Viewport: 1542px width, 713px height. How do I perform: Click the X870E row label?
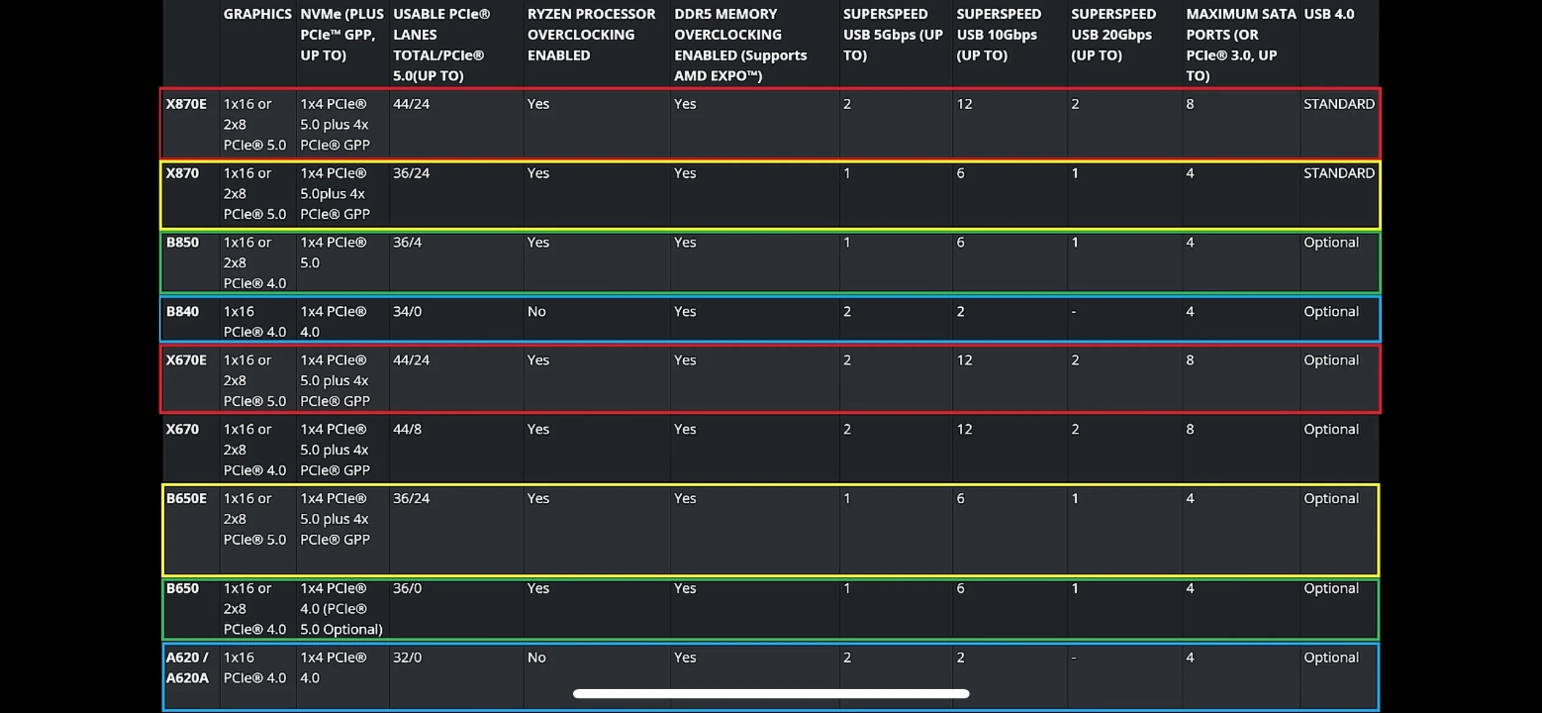[186, 104]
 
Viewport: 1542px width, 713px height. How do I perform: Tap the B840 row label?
[183, 311]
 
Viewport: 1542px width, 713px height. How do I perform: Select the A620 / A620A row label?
[188, 667]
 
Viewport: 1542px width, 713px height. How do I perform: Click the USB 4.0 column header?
[1329, 14]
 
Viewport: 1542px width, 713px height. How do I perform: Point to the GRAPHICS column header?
[257, 14]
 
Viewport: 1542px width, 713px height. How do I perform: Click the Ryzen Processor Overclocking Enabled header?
[591, 35]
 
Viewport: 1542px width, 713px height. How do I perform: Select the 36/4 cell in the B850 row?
[407, 243]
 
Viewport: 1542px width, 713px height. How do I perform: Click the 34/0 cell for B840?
[407, 311]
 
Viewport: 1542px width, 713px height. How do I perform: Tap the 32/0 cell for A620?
[407, 658]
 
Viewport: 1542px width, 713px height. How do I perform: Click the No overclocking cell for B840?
[537, 311]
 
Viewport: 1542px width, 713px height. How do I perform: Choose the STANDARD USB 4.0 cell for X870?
[1339, 173]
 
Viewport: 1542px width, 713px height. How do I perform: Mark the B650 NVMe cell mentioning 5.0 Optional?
[341, 609]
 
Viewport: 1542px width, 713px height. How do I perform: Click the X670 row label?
[183, 429]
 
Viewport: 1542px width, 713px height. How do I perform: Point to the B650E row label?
[186, 498]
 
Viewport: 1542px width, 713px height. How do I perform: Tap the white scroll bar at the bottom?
[771, 693]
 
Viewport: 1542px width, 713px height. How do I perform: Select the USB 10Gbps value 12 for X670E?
[965, 360]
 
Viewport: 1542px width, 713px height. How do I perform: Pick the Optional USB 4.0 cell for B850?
[1331, 243]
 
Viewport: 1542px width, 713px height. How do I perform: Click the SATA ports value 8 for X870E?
[1190, 104]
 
